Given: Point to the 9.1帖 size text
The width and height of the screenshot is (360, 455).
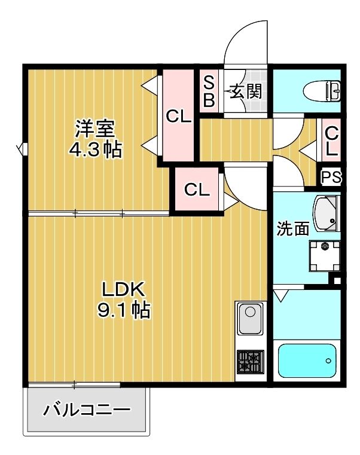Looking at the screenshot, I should [123, 310].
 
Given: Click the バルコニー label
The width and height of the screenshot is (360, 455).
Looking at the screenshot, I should [87, 411].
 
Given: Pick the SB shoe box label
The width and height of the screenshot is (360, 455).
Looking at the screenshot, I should [209, 90].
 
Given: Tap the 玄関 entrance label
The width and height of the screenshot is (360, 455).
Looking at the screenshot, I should [244, 91].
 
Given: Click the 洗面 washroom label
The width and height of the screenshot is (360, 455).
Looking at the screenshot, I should [293, 228].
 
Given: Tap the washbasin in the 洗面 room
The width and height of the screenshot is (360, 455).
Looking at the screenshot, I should [325, 214].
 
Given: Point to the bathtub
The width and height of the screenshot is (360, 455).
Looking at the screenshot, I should [308, 360].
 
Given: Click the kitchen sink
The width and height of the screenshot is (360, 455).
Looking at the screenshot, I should [249, 319].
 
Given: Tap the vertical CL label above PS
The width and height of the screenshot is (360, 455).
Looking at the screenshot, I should [331, 141].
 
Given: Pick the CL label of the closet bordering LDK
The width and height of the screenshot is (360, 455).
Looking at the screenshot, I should [197, 190].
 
